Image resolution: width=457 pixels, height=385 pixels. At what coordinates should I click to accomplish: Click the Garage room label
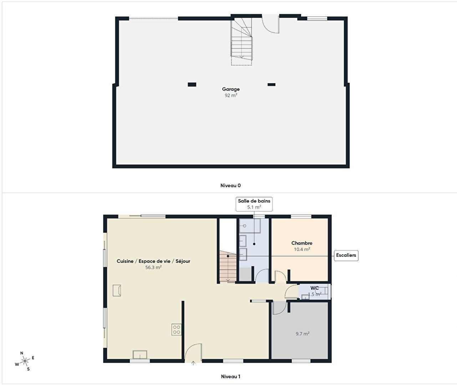click(x=231, y=89)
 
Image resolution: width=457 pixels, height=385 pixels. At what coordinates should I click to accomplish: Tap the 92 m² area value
click(x=231, y=95)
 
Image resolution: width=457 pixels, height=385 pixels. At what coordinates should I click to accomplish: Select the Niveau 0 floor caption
click(x=230, y=185)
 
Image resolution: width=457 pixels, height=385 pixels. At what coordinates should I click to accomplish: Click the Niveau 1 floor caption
click(x=230, y=376)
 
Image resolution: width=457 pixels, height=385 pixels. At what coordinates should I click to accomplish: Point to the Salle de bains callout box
click(x=254, y=204)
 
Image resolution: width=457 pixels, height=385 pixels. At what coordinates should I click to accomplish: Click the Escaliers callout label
click(x=346, y=255)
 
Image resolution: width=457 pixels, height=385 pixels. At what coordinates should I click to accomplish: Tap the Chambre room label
click(x=302, y=243)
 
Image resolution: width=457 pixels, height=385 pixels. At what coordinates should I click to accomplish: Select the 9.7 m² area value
click(x=303, y=334)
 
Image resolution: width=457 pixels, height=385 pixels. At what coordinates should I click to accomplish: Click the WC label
click(x=315, y=288)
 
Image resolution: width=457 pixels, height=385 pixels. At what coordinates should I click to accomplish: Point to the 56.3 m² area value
click(x=153, y=267)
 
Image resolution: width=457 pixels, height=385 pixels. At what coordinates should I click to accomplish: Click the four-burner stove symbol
click(x=176, y=329)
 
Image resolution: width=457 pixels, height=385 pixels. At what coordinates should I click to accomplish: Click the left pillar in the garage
click(x=192, y=84)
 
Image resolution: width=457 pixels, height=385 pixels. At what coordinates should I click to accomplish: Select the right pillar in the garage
click(x=271, y=84)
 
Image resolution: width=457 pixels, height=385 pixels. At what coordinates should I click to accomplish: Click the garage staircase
click(x=242, y=42)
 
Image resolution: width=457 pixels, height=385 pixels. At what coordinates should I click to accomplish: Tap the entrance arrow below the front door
click(x=193, y=363)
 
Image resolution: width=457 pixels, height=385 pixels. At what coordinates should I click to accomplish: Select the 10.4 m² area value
click(x=302, y=249)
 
